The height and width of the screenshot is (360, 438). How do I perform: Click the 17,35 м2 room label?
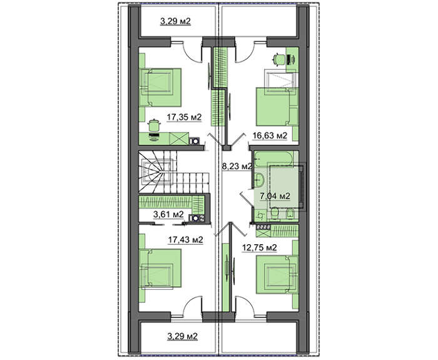click(x=184, y=118)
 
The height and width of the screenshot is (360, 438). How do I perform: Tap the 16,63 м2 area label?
click(x=270, y=136)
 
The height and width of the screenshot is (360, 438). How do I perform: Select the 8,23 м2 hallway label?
click(x=237, y=167)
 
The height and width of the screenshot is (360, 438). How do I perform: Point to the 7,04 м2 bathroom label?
click(x=275, y=196)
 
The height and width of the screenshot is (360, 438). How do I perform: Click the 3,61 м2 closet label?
click(x=168, y=214)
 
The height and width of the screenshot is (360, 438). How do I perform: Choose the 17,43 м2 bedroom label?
click(x=185, y=240)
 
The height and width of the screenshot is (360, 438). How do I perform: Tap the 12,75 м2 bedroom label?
click(x=260, y=247)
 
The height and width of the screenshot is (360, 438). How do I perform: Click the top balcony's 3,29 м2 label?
click(x=175, y=21)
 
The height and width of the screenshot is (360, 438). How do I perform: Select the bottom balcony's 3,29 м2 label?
click(x=183, y=336)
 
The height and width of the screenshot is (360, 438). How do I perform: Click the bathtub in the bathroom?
click(x=274, y=158)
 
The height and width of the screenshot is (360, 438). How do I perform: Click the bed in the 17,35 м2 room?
click(x=160, y=88)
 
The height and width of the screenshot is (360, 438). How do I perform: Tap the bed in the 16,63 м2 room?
click(x=277, y=107)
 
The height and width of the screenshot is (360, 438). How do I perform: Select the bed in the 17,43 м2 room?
click(x=160, y=268)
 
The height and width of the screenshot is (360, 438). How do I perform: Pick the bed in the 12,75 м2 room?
click(x=277, y=274)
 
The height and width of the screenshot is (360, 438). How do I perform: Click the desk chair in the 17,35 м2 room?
click(x=153, y=125)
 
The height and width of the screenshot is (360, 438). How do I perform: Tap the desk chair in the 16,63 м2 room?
click(x=279, y=59)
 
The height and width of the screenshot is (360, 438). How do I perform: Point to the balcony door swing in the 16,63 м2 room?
click(x=245, y=51)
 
